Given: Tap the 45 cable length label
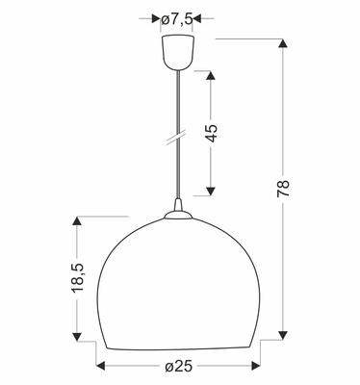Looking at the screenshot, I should [x=212, y=131].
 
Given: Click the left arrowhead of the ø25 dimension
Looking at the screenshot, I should [x=100, y=367].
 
